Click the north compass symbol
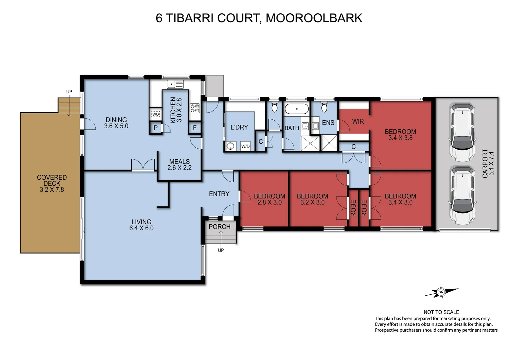pos(441,292)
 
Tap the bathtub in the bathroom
pos(296,109)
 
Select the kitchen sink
pos(175,84)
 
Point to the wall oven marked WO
pos(155,114)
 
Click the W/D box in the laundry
pos(245,146)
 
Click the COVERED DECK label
pos(52,183)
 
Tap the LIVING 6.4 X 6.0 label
pos(141,225)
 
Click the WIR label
pos(358,122)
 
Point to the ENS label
pos(328,123)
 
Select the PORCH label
pos(219,227)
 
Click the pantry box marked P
pos(156,128)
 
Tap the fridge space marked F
pos(195,128)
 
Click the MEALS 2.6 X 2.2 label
pos(179,165)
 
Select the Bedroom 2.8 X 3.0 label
pos(269,199)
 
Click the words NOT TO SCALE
pos(441,312)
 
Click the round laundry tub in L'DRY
pos(230,146)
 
